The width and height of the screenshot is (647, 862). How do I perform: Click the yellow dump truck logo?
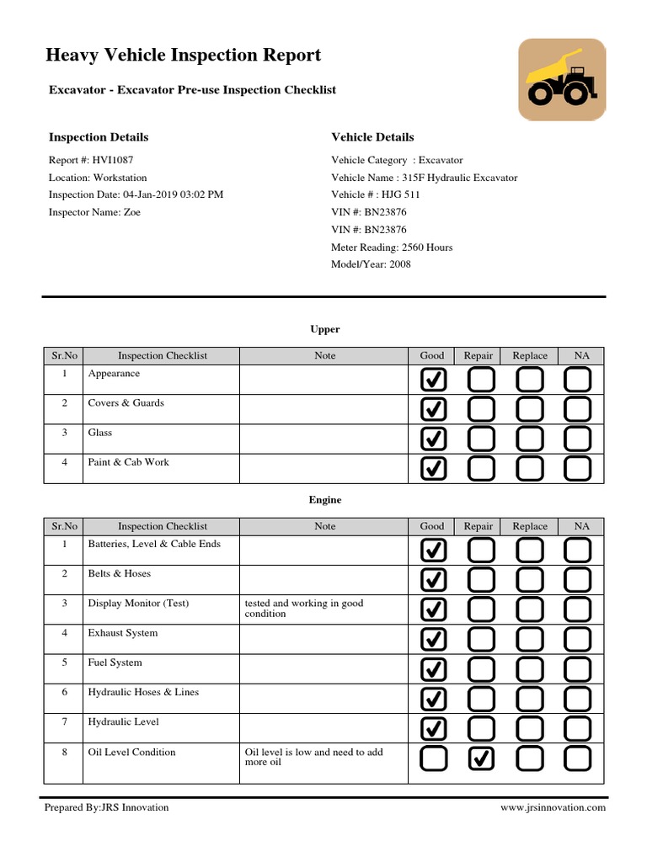561,80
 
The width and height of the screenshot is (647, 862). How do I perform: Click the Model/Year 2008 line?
371,264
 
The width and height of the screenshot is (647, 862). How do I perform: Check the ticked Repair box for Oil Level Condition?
480,758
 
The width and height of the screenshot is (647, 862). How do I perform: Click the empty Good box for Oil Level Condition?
433,758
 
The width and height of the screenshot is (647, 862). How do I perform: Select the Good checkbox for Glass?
433,439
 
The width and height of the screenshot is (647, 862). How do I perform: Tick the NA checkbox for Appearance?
578,380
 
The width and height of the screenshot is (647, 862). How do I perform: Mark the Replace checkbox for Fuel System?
530,669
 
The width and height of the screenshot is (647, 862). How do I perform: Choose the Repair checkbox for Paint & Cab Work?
480,468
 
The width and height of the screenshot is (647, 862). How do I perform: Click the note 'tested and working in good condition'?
303,609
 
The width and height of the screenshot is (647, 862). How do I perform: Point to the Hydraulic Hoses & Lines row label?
142,692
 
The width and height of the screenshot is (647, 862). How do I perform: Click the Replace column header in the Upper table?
530,356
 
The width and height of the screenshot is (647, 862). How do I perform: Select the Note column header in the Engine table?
324,526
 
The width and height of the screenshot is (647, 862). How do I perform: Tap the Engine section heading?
324,500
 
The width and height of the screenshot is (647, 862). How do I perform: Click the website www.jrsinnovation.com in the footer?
553,807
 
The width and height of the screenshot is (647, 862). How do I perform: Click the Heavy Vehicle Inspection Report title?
183,56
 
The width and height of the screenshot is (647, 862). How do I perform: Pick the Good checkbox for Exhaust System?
433,639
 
